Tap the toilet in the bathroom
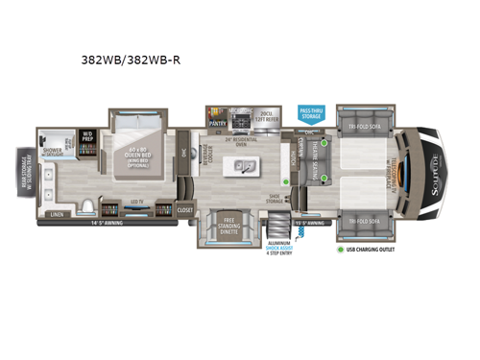pos(88,205)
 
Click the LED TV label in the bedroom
pos(135,202)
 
